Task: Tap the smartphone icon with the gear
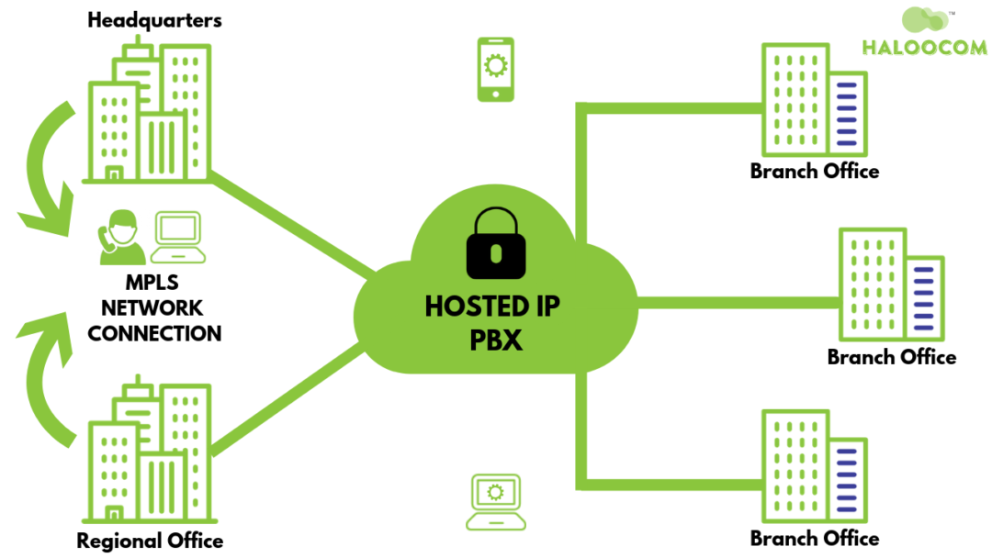coord(495,70)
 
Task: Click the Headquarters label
coord(154,19)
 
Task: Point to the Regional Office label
coord(150,541)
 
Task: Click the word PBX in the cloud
coord(496,340)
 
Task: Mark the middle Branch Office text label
coord(891,357)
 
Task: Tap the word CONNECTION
coord(154,333)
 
